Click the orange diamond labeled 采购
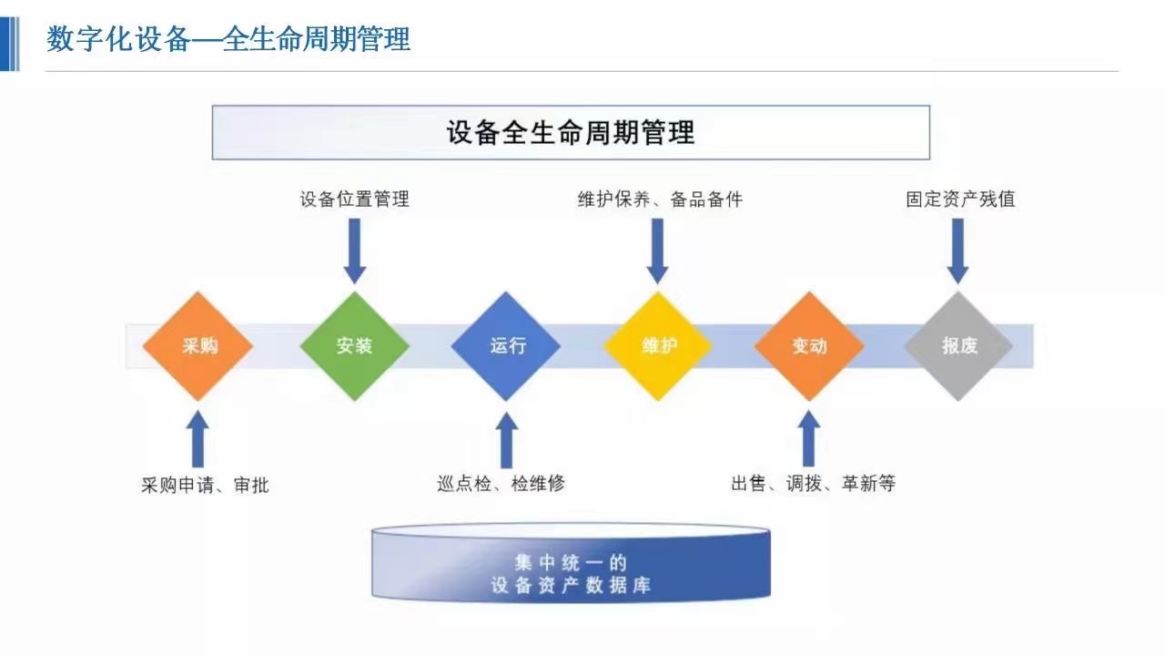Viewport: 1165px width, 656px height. [198, 346]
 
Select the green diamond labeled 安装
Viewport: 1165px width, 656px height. [355, 346]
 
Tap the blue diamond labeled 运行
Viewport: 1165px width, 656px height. [505, 346]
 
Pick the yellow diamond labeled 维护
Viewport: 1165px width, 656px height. [658, 346]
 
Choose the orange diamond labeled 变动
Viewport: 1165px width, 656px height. [809, 346]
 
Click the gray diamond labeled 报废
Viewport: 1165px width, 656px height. [958, 346]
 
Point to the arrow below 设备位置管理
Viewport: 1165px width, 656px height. [355, 251]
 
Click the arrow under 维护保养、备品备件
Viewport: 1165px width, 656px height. [657, 251]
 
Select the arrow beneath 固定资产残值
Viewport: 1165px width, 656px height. [957, 251]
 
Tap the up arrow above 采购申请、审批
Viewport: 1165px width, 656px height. [198, 439]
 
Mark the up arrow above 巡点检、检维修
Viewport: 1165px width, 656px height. [507, 440]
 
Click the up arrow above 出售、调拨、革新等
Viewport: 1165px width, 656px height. [809, 438]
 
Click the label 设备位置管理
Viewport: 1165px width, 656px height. [355, 199]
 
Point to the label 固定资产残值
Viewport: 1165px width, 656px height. [960, 199]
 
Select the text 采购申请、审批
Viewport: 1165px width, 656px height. [205, 486]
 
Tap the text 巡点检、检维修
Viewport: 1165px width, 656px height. [501, 484]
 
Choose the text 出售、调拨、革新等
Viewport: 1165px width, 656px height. [814, 484]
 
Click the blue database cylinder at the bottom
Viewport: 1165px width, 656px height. [571, 563]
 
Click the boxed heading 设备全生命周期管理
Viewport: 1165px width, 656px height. [571, 132]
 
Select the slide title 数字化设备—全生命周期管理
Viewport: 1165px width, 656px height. [228, 39]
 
